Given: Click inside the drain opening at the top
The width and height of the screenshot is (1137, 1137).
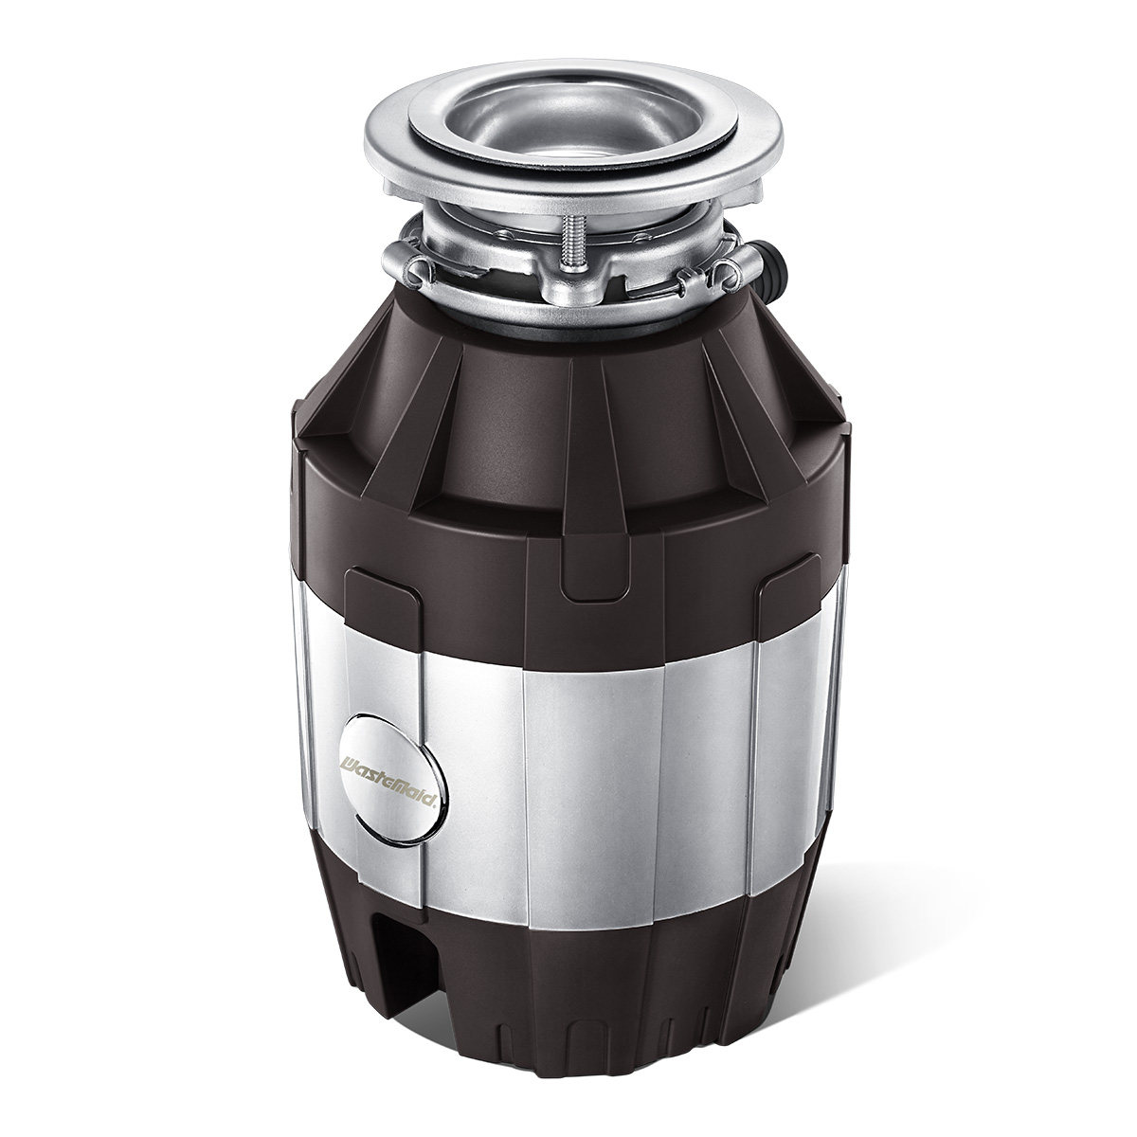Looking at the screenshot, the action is pos(570,131).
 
